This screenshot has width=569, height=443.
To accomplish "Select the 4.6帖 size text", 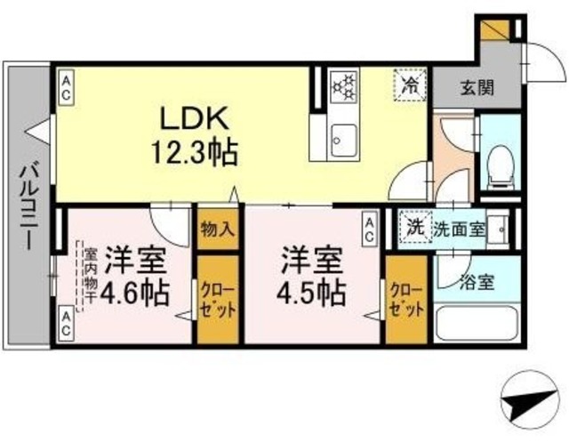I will coord(134,291).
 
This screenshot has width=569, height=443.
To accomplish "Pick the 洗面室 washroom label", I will coord(459,228).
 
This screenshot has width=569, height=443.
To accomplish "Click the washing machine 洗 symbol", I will coord(414,226).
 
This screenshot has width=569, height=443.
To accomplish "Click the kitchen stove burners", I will coord(342,88).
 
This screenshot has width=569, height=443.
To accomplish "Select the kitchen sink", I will coord(342,141).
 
